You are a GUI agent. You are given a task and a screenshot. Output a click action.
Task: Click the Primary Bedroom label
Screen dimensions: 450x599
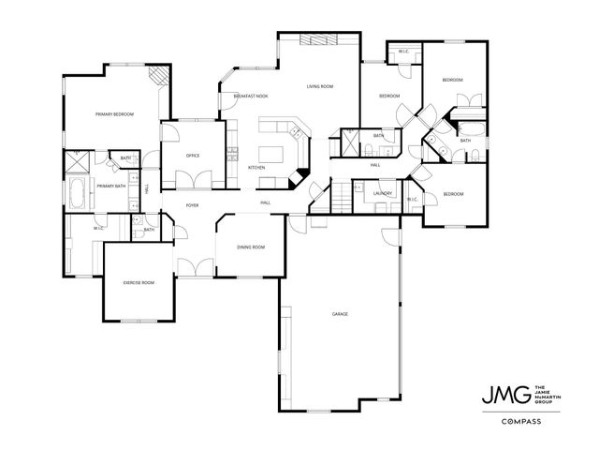coord(115,114)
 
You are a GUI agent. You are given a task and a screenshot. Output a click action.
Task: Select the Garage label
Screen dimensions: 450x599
coord(340,313)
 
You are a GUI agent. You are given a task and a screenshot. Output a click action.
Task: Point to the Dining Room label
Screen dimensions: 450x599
coord(251,247)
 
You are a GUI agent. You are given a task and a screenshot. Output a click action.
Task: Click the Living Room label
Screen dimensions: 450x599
coord(320,87)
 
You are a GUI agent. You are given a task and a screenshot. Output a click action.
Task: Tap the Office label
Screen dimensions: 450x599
coord(193,156)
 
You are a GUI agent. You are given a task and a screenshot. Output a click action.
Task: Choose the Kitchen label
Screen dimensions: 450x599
coord(256,168)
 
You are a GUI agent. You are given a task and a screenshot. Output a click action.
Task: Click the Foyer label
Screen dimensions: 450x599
coord(192,203)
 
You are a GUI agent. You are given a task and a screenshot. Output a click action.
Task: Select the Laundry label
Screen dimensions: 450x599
coord(381,193)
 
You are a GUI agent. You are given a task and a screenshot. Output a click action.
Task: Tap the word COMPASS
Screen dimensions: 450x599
coord(516,422)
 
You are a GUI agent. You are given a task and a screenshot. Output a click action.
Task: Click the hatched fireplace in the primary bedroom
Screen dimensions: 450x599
coord(162,75)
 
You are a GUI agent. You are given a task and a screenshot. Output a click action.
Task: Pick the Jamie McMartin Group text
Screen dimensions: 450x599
coord(546,394)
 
